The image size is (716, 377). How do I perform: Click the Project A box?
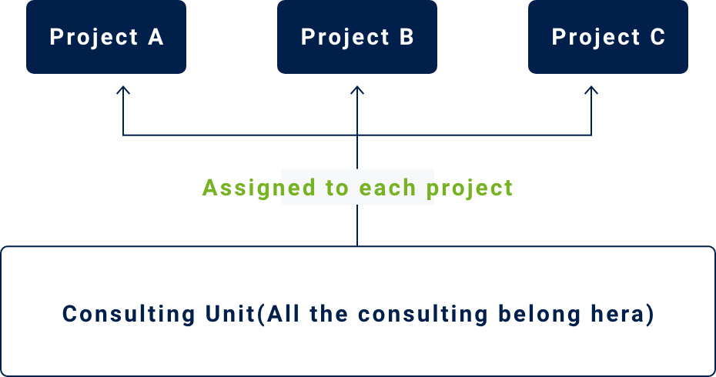pyautogui.click(x=106, y=36)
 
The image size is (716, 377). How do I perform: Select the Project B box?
pyautogui.click(x=357, y=36)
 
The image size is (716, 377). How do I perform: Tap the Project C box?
pyautogui.click(x=608, y=36)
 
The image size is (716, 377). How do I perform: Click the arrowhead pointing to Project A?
pyautogui.click(x=123, y=90)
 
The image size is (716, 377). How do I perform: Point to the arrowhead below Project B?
pyautogui.click(x=357, y=90)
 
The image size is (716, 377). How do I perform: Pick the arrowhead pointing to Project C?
pyautogui.click(x=591, y=90)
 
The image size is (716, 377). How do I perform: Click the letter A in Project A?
pyautogui.click(x=156, y=37)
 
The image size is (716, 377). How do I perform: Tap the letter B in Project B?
pyautogui.click(x=407, y=37)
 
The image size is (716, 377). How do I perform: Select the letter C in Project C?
pyautogui.click(x=657, y=37)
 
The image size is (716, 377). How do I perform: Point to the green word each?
pyautogui.click(x=388, y=188)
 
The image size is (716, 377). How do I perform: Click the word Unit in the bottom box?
pyautogui.click(x=230, y=314)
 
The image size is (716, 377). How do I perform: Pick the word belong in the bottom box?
pyautogui.click(x=539, y=315)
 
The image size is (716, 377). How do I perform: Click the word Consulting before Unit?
pyautogui.click(x=129, y=315)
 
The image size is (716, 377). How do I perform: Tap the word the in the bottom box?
pyautogui.click(x=329, y=314)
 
